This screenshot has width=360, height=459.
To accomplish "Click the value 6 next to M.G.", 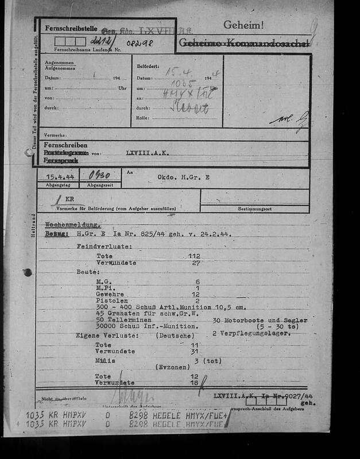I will pyautogui.click(x=197, y=282).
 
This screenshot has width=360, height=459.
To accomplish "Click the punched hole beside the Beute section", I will pyautogui.click(x=26, y=273).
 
